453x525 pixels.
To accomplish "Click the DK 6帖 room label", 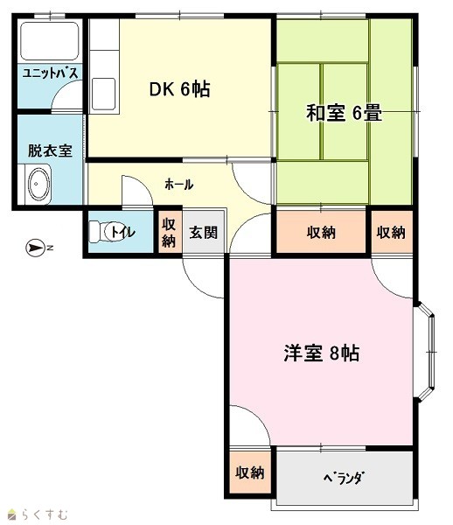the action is coord(179,89).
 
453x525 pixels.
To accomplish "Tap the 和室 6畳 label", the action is coord(344,113).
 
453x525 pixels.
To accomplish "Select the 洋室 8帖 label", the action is coord(322,353).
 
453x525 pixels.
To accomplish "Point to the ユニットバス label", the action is coord(50,73).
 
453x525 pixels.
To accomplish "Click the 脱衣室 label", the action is coord(50,150).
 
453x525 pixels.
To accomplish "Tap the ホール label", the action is coord(179,184).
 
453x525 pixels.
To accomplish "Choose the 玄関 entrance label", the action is coord(204,233).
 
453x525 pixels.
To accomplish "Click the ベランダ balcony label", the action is coord(344,477).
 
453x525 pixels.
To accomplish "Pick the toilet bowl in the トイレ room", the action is coord(102,231).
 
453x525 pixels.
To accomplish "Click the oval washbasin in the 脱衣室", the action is coord(39,184).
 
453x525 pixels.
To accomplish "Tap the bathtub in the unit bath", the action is coord(50,41).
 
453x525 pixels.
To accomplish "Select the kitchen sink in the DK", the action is coord(104,94).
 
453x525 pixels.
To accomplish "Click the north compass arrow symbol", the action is coord(36,248).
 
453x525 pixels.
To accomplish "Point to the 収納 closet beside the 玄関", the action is coord(169,233).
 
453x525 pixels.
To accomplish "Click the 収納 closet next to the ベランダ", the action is coord(250,472).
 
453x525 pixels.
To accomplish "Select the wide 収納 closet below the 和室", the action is coord(321,233).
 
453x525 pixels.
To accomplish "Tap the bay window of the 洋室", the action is coord(425,353).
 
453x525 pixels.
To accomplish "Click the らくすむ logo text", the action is coord(44,514).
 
